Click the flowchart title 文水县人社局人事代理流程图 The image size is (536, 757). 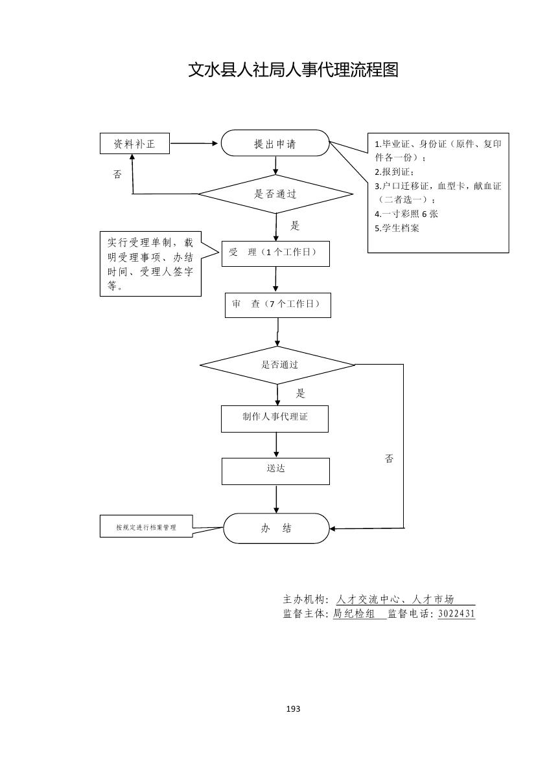[x=293, y=70]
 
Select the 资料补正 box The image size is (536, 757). [x=135, y=144]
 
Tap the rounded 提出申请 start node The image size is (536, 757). [x=275, y=143]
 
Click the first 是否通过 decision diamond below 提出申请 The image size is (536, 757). [x=275, y=194]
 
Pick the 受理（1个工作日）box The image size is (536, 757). [x=275, y=253]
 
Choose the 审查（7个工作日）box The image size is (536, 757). [x=277, y=304]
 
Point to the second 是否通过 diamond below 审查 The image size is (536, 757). [x=277, y=365]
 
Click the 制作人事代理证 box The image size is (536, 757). [x=275, y=418]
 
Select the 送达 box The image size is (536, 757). [x=275, y=471]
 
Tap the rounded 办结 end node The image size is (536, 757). [x=277, y=528]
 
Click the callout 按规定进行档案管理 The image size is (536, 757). [x=146, y=527]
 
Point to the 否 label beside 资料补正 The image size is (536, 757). [x=117, y=174]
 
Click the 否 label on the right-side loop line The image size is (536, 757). [x=389, y=458]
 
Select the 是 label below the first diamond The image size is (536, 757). [x=295, y=226]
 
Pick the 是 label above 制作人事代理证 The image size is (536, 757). [x=300, y=393]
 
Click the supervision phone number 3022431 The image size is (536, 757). [x=456, y=614]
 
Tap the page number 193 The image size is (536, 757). [x=293, y=709]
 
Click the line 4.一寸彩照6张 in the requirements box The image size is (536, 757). [x=406, y=214]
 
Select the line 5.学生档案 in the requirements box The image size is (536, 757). [x=397, y=228]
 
